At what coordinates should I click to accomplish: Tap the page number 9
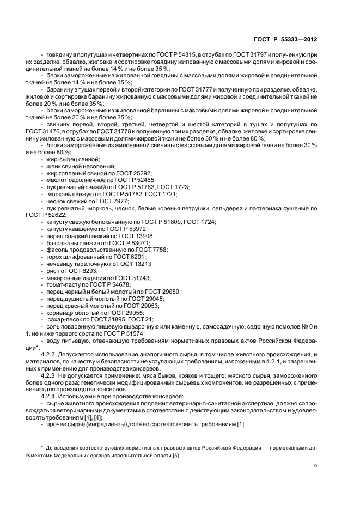pos(316,465)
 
